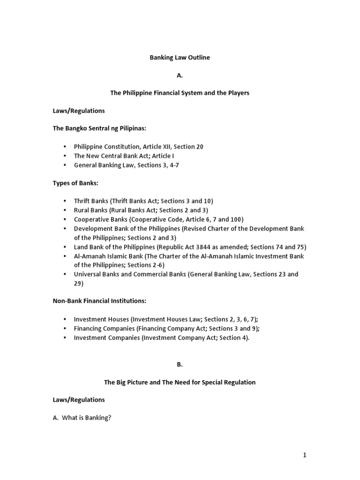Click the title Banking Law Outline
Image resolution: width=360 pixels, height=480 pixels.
(180, 58)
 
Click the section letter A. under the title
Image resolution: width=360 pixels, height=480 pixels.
(180, 75)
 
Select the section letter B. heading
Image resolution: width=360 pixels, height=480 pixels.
(180, 364)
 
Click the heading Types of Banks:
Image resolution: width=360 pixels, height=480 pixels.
(75, 183)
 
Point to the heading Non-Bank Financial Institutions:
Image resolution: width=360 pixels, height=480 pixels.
(100, 300)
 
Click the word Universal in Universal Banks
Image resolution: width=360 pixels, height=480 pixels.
(88, 274)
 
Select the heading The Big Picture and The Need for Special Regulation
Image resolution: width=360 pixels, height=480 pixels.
(180, 382)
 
